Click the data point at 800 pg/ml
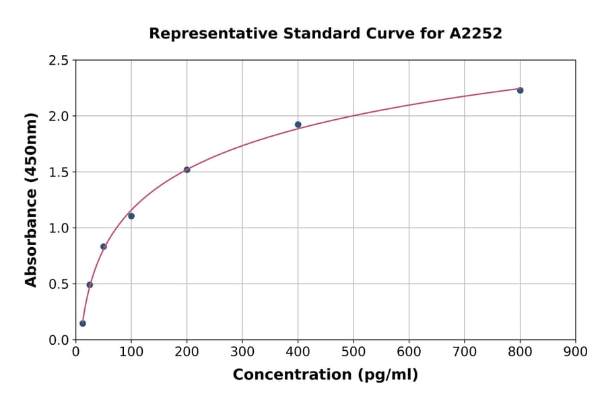click(x=520, y=90)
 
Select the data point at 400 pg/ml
click(x=298, y=125)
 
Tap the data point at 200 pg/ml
click(x=187, y=170)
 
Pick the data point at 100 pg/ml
click(x=131, y=216)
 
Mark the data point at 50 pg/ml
click(x=104, y=246)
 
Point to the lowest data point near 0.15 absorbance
click(x=83, y=323)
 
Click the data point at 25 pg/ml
click(x=90, y=285)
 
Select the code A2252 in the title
click(x=476, y=34)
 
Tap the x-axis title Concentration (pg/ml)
click(x=325, y=375)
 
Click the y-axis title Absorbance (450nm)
click(x=31, y=199)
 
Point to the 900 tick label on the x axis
click(x=576, y=352)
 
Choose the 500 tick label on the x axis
click(x=353, y=352)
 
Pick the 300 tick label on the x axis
click(x=242, y=352)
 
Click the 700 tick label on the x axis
click(x=464, y=352)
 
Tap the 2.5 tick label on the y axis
click(x=58, y=61)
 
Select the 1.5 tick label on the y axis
click(x=58, y=172)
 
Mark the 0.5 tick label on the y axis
click(x=58, y=284)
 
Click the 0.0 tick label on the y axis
click(x=58, y=340)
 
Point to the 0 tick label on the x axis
click(x=75, y=352)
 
